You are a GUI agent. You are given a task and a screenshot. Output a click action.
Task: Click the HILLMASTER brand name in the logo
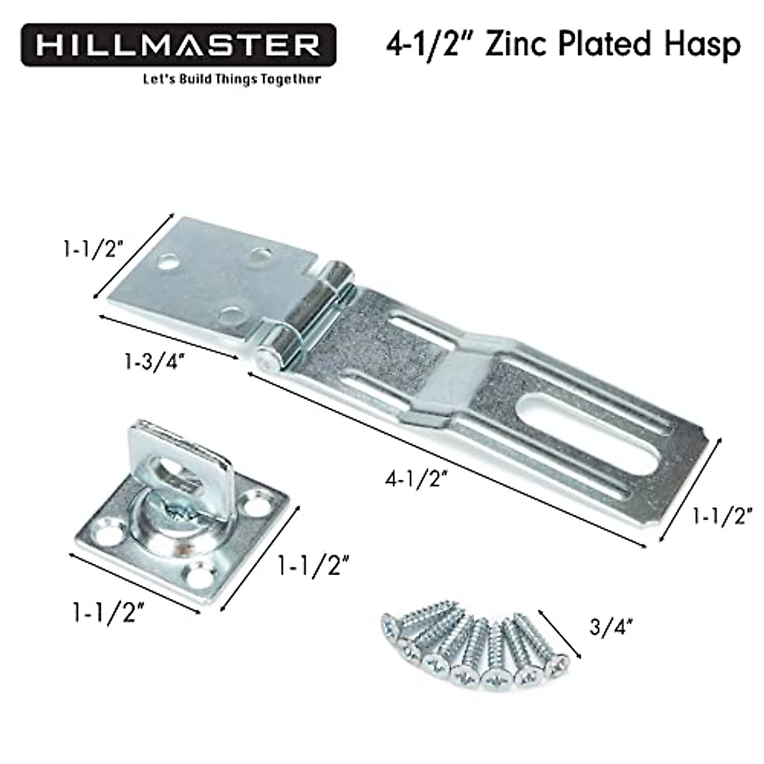[178, 46]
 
